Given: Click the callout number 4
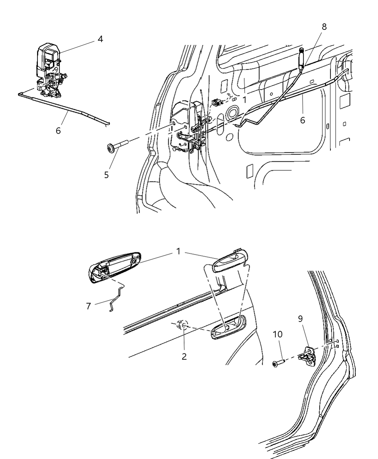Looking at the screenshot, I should coord(100,39).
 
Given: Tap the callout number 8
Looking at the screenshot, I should coord(324,27).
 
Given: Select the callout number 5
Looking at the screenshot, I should coord(106,175).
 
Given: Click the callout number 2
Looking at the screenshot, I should coord(184,357).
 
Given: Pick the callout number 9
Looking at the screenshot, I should coord(300,319).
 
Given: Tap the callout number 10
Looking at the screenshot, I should coord(277,334).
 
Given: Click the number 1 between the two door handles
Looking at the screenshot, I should coord(178,252).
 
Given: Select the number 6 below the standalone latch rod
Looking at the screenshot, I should coord(58,131).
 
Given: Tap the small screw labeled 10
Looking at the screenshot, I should coord(279,363).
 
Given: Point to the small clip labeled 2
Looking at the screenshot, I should coord(182,324).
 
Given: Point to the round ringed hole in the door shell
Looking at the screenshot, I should coord(230,114).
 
